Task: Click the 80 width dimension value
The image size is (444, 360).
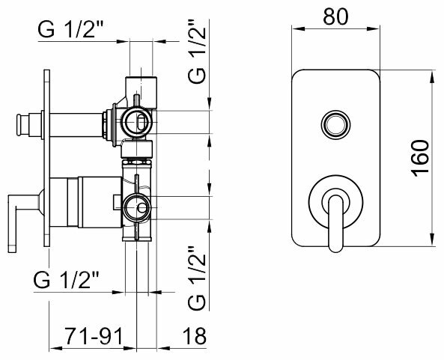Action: pos(335,16)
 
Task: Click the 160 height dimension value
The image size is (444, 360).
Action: pos(421,159)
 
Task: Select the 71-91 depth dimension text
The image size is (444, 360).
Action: pos(94,336)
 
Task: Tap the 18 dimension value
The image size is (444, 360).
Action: pos(194,336)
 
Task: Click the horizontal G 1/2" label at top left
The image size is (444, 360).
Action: pos(71,29)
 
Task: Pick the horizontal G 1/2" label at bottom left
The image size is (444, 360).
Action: pos(67,280)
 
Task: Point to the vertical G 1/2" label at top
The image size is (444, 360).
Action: pos(197,51)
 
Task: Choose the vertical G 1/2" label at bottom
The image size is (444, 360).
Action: pos(197,278)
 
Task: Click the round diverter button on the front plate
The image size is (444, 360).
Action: pos(335,124)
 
